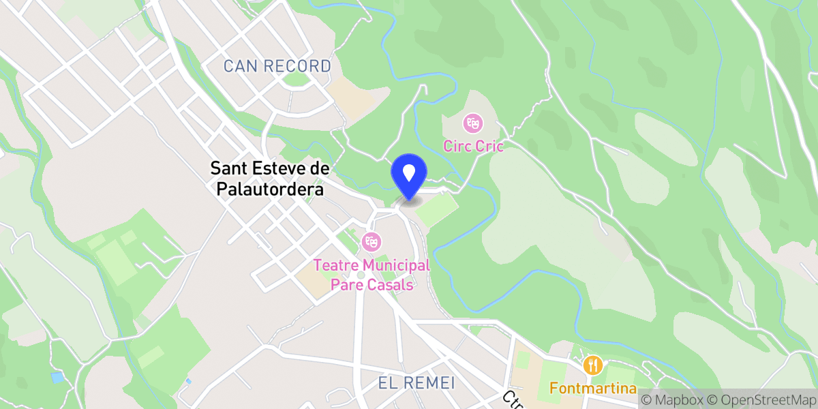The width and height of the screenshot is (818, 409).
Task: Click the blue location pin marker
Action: tap(409, 175)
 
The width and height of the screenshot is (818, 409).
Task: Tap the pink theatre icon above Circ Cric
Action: tap(471, 123)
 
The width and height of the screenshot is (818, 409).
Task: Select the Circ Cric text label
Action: tap(473, 146)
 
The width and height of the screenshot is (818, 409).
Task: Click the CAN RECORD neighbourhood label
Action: tap(277, 67)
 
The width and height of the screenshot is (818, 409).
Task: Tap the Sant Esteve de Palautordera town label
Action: tap(269, 179)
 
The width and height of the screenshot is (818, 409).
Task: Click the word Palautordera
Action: tap(269, 189)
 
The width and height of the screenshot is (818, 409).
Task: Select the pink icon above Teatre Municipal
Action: tap(372, 241)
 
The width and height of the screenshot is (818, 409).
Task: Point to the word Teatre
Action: tap(337, 265)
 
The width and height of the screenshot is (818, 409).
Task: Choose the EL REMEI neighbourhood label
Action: tap(416, 383)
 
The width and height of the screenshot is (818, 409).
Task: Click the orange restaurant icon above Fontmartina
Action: tap(594, 365)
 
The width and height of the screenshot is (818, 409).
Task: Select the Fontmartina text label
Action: tap(594, 389)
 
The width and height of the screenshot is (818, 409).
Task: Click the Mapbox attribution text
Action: tap(671, 399)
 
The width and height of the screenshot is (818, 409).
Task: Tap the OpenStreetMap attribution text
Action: tap(761, 399)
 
